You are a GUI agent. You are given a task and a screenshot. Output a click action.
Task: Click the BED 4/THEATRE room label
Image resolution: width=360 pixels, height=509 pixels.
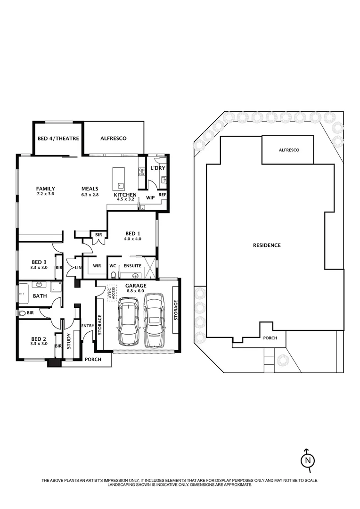[x=58, y=139]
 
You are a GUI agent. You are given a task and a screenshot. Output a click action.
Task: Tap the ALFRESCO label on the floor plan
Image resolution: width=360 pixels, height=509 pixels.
[x=114, y=139]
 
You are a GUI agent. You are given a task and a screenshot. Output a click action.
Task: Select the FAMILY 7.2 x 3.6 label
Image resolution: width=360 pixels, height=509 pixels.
[x=46, y=191]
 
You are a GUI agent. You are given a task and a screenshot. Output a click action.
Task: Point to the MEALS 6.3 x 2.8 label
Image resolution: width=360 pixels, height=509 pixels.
[x=90, y=191]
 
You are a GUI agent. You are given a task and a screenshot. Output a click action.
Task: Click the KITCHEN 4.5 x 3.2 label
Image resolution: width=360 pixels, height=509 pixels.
[x=125, y=197]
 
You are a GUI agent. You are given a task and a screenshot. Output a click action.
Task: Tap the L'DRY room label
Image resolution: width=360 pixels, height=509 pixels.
[x=156, y=168]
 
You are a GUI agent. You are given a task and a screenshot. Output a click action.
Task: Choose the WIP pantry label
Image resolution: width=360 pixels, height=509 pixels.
[x=150, y=197]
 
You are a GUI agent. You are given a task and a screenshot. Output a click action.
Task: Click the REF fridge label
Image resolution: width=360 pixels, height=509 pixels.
[x=162, y=195]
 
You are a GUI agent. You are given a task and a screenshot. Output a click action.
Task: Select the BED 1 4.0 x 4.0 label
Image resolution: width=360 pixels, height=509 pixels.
[x=132, y=236]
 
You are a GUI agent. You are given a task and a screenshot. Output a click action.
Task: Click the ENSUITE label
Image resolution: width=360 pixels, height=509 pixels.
[x=132, y=266]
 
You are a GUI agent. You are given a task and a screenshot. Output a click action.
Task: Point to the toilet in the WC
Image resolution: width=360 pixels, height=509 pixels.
[x=113, y=277]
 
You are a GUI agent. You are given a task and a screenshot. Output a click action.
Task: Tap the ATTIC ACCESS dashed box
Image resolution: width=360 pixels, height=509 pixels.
[x=111, y=293]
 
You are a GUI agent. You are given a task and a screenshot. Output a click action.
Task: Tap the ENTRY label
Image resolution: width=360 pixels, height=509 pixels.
[x=88, y=326]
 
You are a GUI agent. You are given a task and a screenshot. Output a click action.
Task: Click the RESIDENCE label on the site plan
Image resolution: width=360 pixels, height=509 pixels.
[x=267, y=245]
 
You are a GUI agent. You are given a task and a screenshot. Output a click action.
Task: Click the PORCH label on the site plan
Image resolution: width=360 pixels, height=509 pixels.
[x=270, y=338]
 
